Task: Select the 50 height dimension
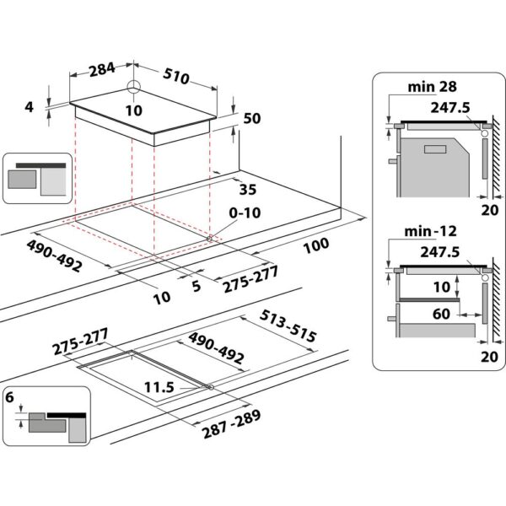[x=250, y=120]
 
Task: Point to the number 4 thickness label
[x=30, y=107]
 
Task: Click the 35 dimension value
[x=247, y=189]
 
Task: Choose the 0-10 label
[x=245, y=213]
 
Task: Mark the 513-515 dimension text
[x=289, y=326]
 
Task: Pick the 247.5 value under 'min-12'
[x=448, y=251]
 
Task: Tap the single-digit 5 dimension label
[x=196, y=286]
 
